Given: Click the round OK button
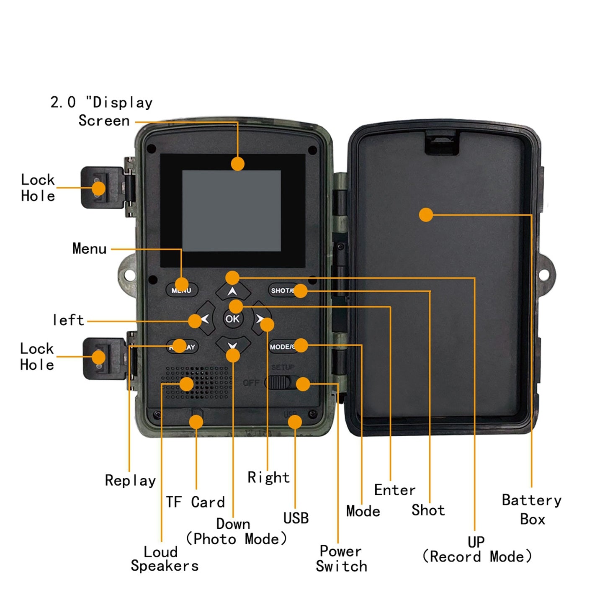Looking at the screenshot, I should click(x=232, y=319).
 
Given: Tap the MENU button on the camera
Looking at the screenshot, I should click(x=182, y=290).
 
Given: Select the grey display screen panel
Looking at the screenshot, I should click(x=232, y=211).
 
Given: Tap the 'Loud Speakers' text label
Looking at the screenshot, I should click(x=164, y=559).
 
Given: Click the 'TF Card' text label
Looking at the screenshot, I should click(x=195, y=502).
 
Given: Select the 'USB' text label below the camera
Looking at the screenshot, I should click(x=296, y=518).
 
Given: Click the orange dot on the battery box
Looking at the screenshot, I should click(x=426, y=215).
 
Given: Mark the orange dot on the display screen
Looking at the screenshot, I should click(x=238, y=164).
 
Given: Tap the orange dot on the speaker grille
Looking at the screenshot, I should click(x=187, y=384).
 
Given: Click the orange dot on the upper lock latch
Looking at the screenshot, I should click(x=99, y=188).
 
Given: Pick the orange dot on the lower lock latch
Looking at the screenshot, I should click(x=99, y=358).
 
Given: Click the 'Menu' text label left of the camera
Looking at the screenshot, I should click(x=89, y=249).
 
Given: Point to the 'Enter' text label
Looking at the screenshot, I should click(x=394, y=490).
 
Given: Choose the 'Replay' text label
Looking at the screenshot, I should click(x=130, y=480).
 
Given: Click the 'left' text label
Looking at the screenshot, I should click(x=68, y=320).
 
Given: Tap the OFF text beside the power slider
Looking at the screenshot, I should click(x=251, y=383).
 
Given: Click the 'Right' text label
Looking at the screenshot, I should click(x=268, y=477).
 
